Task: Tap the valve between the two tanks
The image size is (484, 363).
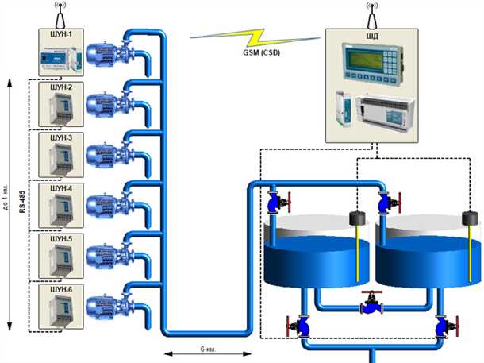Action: (371, 304)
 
